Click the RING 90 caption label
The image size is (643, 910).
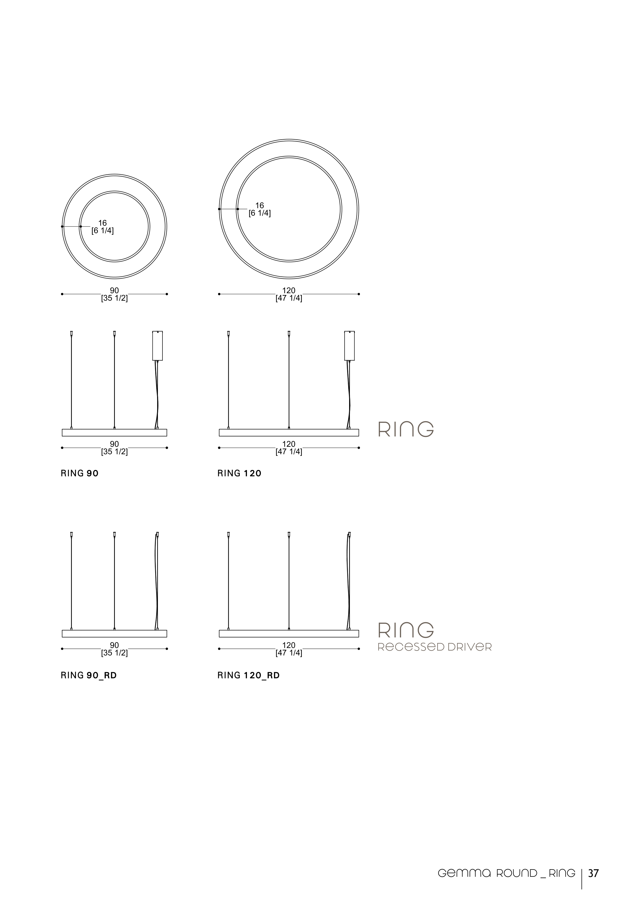[79, 473]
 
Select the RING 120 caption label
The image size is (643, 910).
[239, 473]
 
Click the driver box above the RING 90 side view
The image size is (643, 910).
[157, 346]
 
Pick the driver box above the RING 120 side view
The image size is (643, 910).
[349, 346]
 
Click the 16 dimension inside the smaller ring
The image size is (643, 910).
[102, 223]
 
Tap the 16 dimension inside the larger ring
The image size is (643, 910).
[260, 206]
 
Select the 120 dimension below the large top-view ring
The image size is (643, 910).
[289, 291]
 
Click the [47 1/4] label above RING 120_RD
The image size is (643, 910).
[289, 653]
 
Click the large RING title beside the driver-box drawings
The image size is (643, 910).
[406, 429]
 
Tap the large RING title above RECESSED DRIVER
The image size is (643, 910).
[406, 630]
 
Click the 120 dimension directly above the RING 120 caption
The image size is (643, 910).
[289, 444]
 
